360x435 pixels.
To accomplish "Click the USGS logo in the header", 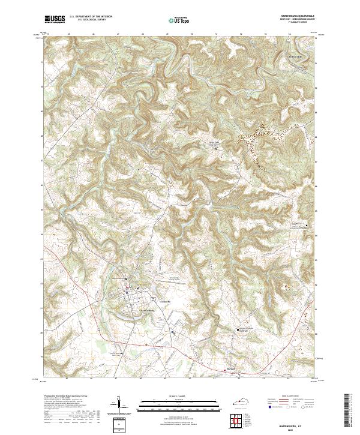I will (x=55, y=19).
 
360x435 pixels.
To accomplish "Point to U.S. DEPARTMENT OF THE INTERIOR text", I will (x=91, y=17).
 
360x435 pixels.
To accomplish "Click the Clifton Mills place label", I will (x=296, y=56).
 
